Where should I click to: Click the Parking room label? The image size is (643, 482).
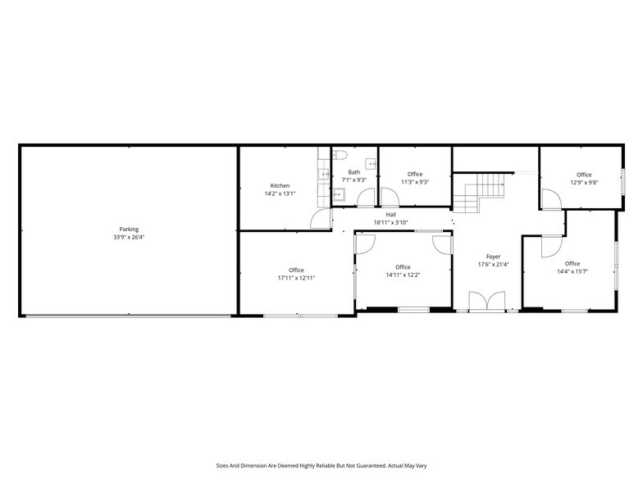tap(129, 230)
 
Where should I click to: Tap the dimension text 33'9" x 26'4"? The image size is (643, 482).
tap(129, 238)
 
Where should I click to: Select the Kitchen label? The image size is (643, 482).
tap(280, 186)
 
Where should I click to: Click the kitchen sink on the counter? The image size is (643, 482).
tap(323, 173)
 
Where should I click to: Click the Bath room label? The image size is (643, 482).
tap(353, 172)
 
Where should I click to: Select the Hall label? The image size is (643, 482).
tap(391, 215)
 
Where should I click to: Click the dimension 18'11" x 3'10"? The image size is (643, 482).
tap(391, 222)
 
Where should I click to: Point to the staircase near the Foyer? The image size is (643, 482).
tap(480, 194)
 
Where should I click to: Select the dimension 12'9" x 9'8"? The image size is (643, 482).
tap(584, 183)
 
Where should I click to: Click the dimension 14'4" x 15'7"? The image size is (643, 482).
tap(573, 271)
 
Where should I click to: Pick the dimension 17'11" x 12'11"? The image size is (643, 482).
tap(296, 278)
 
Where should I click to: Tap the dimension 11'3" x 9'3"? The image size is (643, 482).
tap(415, 182)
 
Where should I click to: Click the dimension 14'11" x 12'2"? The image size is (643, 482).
tap(403, 275)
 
